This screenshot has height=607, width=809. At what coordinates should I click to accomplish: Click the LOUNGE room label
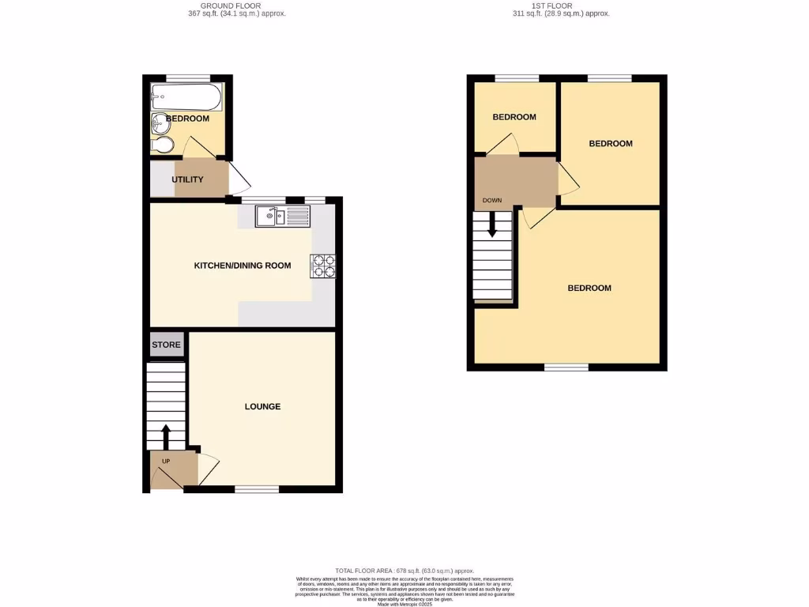pyautogui.click(x=262, y=407)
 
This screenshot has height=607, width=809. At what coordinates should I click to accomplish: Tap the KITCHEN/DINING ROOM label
pyautogui.click(x=243, y=266)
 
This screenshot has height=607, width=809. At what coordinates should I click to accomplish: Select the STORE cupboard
pyautogui.click(x=166, y=345)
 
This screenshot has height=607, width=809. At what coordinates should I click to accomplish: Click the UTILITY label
pyautogui.click(x=187, y=179)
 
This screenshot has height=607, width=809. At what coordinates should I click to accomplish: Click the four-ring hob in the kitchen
pyautogui.click(x=323, y=266)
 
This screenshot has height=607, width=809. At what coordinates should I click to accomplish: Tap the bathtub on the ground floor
pyautogui.click(x=186, y=98)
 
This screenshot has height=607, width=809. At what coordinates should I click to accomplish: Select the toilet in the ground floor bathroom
pyautogui.click(x=162, y=145)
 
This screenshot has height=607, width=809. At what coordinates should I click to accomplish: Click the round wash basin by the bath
pyautogui.click(x=161, y=123)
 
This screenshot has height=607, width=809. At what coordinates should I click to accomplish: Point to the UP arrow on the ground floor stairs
pyautogui.click(x=166, y=435)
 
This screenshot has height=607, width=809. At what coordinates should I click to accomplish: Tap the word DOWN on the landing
pyautogui.click(x=492, y=201)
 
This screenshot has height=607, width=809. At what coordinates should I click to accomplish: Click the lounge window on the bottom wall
pyautogui.click(x=257, y=489)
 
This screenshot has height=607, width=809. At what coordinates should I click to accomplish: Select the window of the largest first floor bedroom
pyautogui.click(x=566, y=367)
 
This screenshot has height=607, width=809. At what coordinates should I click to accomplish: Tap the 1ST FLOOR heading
pyautogui.click(x=560, y=6)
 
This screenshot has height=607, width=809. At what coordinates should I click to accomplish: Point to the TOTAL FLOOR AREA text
pyautogui.click(x=404, y=571)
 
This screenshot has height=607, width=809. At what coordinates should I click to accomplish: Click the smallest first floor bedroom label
pyautogui.click(x=514, y=117)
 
